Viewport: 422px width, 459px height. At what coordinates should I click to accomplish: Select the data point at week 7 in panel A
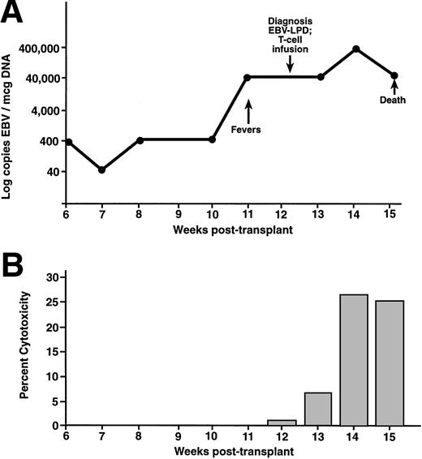101,169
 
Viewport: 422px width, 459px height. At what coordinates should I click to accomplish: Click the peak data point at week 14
355,49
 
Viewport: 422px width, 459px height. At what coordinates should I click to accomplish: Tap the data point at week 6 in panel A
70,142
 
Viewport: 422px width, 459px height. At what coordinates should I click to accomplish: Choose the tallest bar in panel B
355,359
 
